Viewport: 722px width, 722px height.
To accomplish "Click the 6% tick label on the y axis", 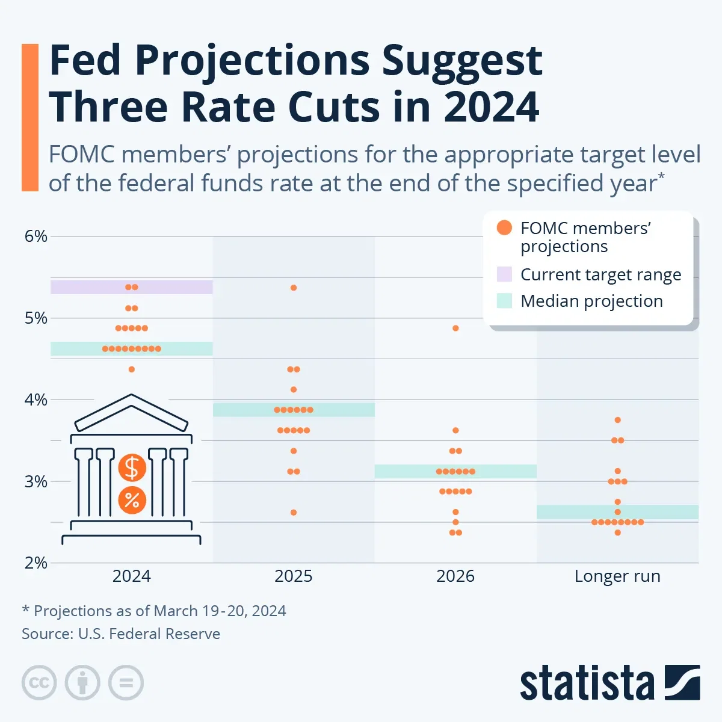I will click(35, 236).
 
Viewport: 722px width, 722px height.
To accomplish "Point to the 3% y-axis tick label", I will click(35, 481).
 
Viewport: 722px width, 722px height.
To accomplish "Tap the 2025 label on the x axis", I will click(294, 576).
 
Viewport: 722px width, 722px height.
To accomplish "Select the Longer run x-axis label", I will click(617, 576).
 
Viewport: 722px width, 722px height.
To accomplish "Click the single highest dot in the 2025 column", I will click(294, 288).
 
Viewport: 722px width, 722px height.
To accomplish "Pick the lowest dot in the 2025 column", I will click(294, 513).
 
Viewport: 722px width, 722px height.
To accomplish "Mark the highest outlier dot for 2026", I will click(455, 329).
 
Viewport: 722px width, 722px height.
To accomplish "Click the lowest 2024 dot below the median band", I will click(132, 369).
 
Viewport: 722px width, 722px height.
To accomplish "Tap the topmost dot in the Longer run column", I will click(617, 420).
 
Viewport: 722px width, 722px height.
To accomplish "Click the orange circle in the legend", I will click(504, 228).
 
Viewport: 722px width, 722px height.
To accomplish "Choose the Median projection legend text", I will click(591, 301).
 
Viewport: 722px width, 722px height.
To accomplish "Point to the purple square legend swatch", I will click(504, 274).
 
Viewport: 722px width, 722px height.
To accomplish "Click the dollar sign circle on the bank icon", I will click(132, 468).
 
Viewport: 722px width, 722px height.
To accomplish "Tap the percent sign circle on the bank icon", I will click(132, 499).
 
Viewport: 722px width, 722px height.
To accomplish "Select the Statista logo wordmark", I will click(587, 684).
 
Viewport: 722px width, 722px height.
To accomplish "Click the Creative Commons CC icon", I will click(39, 683).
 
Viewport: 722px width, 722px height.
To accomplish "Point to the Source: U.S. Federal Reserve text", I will click(121, 634).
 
